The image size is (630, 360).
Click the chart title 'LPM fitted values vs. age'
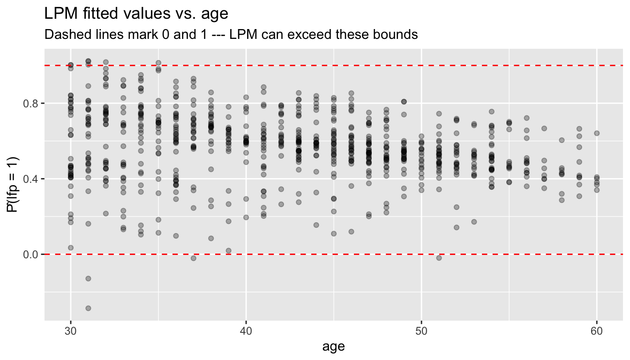point(136,14)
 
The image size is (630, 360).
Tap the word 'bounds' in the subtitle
point(396,35)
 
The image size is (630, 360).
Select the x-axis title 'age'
point(333,347)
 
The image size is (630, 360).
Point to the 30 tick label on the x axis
point(70,331)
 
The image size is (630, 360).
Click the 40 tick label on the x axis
point(246,331)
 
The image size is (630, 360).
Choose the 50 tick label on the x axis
point(421,331)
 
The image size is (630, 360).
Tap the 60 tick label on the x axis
point(597,331)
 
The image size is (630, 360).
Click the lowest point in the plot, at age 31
point(88,308)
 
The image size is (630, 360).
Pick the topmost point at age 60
point(597,133)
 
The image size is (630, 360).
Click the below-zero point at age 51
point(439,258)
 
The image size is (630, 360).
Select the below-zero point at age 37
point(193,258)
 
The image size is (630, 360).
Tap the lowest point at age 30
point(71,247)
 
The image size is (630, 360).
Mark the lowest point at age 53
point(474,222)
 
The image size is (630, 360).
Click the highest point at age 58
point(562,140)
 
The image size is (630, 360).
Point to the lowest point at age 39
point(229,251)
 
